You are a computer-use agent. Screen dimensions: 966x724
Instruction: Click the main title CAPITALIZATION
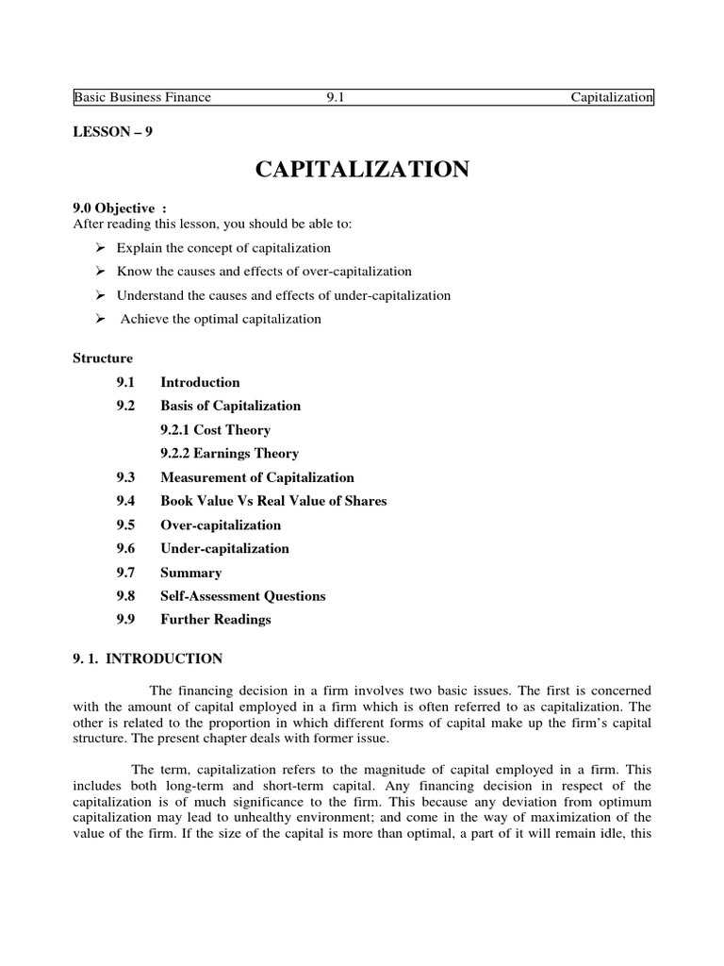pyautogui.click(x=362, y=170)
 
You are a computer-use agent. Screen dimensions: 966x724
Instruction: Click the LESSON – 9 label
pyautogui.click(x=112, y=132)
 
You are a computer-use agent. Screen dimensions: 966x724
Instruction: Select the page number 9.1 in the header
pyautogui.click(x=336, y=97)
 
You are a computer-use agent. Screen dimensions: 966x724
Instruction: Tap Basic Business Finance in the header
pyautogui.click(x=142, y=97)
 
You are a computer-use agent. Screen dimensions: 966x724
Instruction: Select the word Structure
pyautogui.click(x=103, y=358)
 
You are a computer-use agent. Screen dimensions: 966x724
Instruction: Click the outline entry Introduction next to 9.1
pyautogui.click(x=200, y=382)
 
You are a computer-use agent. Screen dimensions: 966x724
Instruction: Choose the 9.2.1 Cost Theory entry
pyautogui.click(x=215, y=429)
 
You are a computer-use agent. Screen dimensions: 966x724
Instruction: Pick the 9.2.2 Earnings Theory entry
pyautogui.click(x=229, y=454)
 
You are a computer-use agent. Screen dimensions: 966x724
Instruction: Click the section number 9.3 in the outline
pyautogui.click(x=126, y=477)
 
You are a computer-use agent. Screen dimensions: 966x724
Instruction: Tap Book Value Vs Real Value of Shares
pyautogui.click(x=273, y=501)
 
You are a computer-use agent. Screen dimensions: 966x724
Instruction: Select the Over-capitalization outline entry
pyautogui.click(x=221, y=525)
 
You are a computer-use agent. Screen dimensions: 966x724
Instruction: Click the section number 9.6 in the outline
pyautogui.click(x=126, y=548)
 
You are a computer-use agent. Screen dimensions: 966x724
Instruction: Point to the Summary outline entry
pyautogui.click(x=191, y=573)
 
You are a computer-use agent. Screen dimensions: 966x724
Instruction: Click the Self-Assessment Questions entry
pyautogui.click(x=242, y=596)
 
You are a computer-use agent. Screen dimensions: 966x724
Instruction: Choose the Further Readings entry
pyautogui.click(x=215, y=620)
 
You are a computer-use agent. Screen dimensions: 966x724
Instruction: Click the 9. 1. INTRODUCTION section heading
pyautogui.click(x=148, y=658)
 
